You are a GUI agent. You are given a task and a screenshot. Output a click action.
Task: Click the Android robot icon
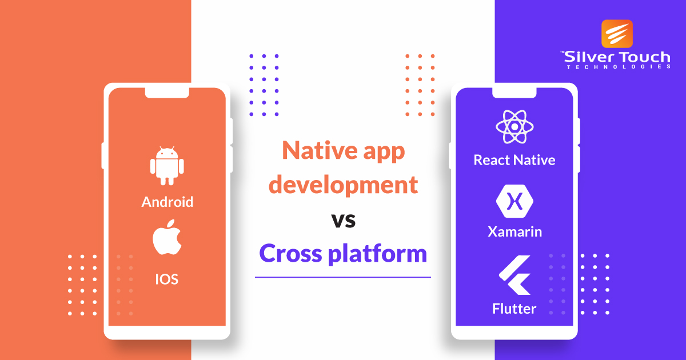pyautogui.click(x=167, y=166)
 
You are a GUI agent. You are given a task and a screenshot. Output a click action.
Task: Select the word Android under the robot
pyautogui.click(x=167, y=202)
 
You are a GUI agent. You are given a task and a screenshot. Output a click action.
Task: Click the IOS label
pyautogui.click(x=167, y=279)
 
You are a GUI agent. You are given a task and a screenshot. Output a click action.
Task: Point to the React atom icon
pyautogui.click(x=514, y=127)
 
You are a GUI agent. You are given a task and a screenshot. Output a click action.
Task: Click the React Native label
pyautogui.click(x=514, y=160)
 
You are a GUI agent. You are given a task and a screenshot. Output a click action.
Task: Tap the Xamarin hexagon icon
pyautogui.click(x=514, y=201)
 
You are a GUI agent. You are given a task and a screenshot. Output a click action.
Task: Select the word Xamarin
pyautogui.click(x=514, y=231)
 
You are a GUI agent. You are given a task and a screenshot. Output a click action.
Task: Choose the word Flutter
pyautogui.click(x=514, y=309)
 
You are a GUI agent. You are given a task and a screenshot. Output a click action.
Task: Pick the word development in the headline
pyautogui.click(x=343, y=186)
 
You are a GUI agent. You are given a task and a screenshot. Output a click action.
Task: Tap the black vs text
pyautogui.click(x=343, y=220)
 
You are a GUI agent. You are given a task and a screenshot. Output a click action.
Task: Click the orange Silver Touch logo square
pyautogui.click(x=617, y=34)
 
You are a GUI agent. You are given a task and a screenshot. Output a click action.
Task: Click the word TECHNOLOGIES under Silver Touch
pyautogui.click(x=618, y=67)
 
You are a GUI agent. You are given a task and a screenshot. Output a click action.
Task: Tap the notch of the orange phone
pyautogui.click(x=167, y=91)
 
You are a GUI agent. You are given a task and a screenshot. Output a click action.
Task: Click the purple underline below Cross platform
pyautogui.click(x=343, y=277)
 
